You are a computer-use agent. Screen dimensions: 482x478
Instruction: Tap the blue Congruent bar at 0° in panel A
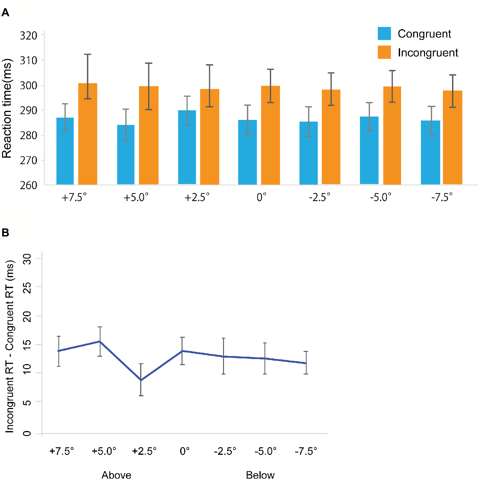click(x=247, y=152)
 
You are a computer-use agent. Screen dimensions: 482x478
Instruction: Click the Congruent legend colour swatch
click(x=384, y=34)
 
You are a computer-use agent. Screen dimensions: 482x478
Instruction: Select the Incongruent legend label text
click(x=428, y=53)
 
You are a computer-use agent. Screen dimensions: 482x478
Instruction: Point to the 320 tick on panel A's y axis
click(x=29, y=35)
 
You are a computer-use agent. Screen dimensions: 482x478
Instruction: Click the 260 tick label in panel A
click(x=29, y=185)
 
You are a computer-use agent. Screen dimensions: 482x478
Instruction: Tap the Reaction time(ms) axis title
click(x=7, y=108)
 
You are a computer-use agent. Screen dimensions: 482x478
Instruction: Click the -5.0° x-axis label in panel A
click(x=381, y=197)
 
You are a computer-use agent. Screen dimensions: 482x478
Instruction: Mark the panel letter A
click(x=5, y=13)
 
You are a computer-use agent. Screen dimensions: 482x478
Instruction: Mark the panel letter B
click(x=5, y=233)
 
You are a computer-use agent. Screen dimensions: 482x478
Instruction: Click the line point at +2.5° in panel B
click(x=141, y=380)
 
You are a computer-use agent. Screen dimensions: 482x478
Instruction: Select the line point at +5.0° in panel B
click(x=100, y=341)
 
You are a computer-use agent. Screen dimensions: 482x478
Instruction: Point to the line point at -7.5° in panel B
click(x=306, y=363)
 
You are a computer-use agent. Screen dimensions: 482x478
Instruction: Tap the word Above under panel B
click(x=116, y=475)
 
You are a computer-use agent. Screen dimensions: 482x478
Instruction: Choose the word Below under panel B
click(x=260, y=475)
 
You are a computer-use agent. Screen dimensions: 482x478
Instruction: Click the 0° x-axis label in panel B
click(x=185, y=451)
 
